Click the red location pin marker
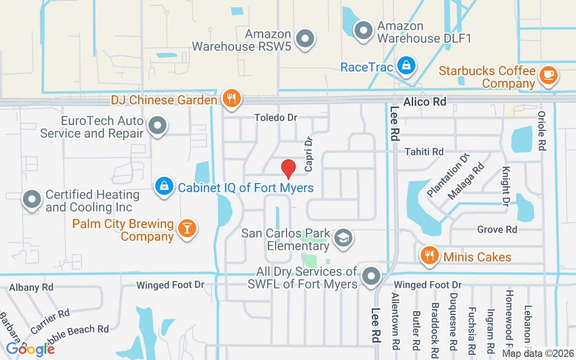pyautogui.click(x=288, y=169)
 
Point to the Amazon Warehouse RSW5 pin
pyautogui.click(x=306, y=39)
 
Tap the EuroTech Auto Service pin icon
pyautogui.click(x=157, y=126)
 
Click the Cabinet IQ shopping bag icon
pyautogui.click(x=164, y=186)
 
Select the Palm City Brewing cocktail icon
pyautogui.click(x=187, y=228)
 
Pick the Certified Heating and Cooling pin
pyautogui.click(x=31, y=200)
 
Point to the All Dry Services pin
pyautogui.click(x=371, y=276)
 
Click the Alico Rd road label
pyautogui.click(x=424, y=102)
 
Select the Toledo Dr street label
pyautogui.click(x=276, y=117)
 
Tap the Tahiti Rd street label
pyautogui.click(x=424, y=152)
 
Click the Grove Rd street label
pyautogui.click(x=497, y=229)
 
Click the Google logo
pyautogui.click(x=30, y=349)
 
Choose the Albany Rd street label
pyautogui.click(x=31, y=287)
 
